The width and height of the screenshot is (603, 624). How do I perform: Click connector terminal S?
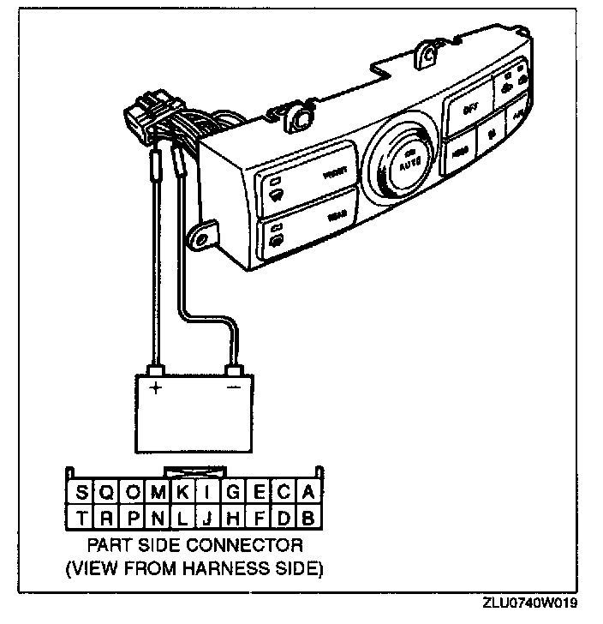(x=81, y=492)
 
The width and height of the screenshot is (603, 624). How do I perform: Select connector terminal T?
(x=81, y=518)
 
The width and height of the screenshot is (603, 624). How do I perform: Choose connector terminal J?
(x=207, y=518)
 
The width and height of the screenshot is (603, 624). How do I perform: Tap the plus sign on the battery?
(x=156, y=387)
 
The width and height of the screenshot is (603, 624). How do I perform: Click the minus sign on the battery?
(x=234, y=387)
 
